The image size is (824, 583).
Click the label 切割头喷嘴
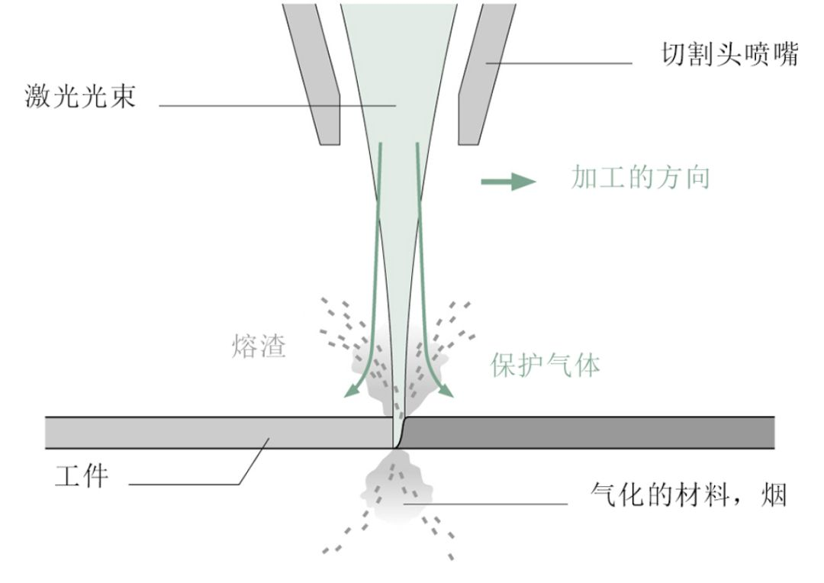point(729,55)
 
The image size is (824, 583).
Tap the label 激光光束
point(80,97)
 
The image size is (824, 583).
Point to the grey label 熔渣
point(259,347)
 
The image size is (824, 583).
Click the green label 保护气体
point(545,366)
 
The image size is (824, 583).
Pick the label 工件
point(82,477)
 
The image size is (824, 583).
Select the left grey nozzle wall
point(313,72)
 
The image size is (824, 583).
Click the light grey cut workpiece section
point(214,433)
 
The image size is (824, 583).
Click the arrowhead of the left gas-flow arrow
point(350,391)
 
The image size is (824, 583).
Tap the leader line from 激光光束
point(275,105)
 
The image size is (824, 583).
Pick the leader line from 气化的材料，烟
point(488,504)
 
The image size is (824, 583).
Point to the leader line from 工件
point(191,484)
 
